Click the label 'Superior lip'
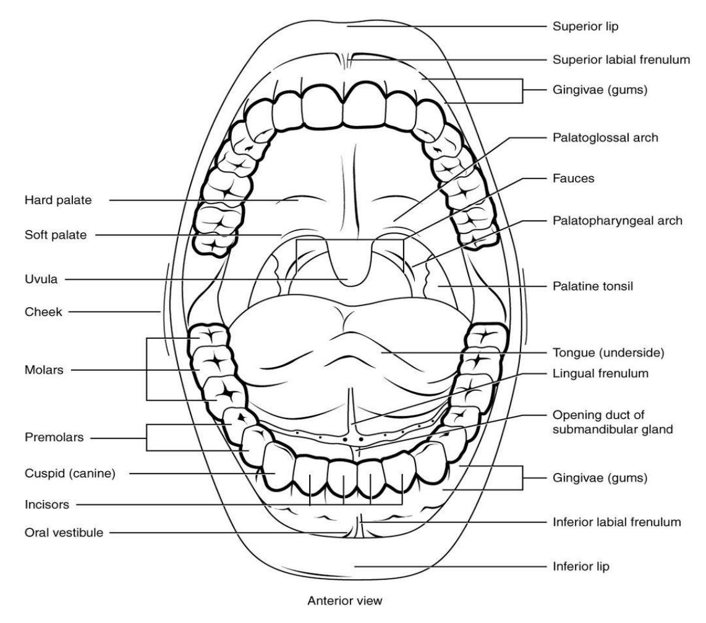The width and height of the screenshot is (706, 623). tap(585, 27)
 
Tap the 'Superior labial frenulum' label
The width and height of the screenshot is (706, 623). tap(621, 59)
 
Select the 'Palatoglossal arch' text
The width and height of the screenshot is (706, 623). tap(605, 137)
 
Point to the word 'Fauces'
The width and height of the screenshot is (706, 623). tap(573, 178)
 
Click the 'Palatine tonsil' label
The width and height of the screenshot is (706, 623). tap(592, 286)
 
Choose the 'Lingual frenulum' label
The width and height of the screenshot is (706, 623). tap(600, 373)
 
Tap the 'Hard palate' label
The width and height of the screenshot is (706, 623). tap(58, 200)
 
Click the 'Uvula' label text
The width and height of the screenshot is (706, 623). tap(41, 279)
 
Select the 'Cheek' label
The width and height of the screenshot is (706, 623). tap(43, 311)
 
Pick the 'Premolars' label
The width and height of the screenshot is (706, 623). tap(54, 437)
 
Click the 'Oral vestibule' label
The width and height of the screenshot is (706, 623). tap(64, 533)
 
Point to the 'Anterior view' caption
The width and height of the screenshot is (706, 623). tap(345, 601)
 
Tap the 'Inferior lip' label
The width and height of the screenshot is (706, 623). tap(581, 566)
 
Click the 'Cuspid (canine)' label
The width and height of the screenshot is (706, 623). tap(70, 473)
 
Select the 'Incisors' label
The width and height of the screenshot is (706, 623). tap(47, 504)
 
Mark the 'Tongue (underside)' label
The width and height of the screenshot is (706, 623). tap(608, 352)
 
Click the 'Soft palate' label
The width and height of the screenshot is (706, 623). tap(56, 234)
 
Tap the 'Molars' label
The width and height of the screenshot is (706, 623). tap(44, 370)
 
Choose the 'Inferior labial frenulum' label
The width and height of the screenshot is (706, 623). tap(616, 522)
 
